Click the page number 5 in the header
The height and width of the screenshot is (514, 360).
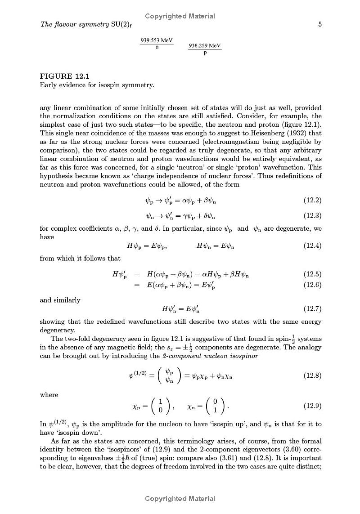pyautogui.click(x=319, y=25)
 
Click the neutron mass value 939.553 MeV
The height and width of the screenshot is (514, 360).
pyautogui.click(x=157, y=40)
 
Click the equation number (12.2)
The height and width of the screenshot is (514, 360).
pyautogui.click(x=312, y=200)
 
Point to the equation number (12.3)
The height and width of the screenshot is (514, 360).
pyautogui.click(x=312, y=215)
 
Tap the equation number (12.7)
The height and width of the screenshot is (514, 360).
pyautogui.click(x=312, y=308)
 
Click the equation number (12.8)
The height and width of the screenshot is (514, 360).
pyautogui.click(x=312, y=375)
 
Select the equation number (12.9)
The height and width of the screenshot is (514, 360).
pyautogui.click(x=312, y=406)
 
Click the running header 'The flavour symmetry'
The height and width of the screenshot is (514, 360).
pyautogui.click(x=73, y=25)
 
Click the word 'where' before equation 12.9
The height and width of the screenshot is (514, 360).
pyautogui.click(x=49, y=394)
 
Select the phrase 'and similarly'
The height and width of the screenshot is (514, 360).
pyautogui.click(x=60, y=300)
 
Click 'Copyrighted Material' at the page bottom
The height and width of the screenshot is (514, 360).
pyautogui.click(x=180, y=498)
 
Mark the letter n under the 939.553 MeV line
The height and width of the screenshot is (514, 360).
pyautogui.click(x=157, y=47)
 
